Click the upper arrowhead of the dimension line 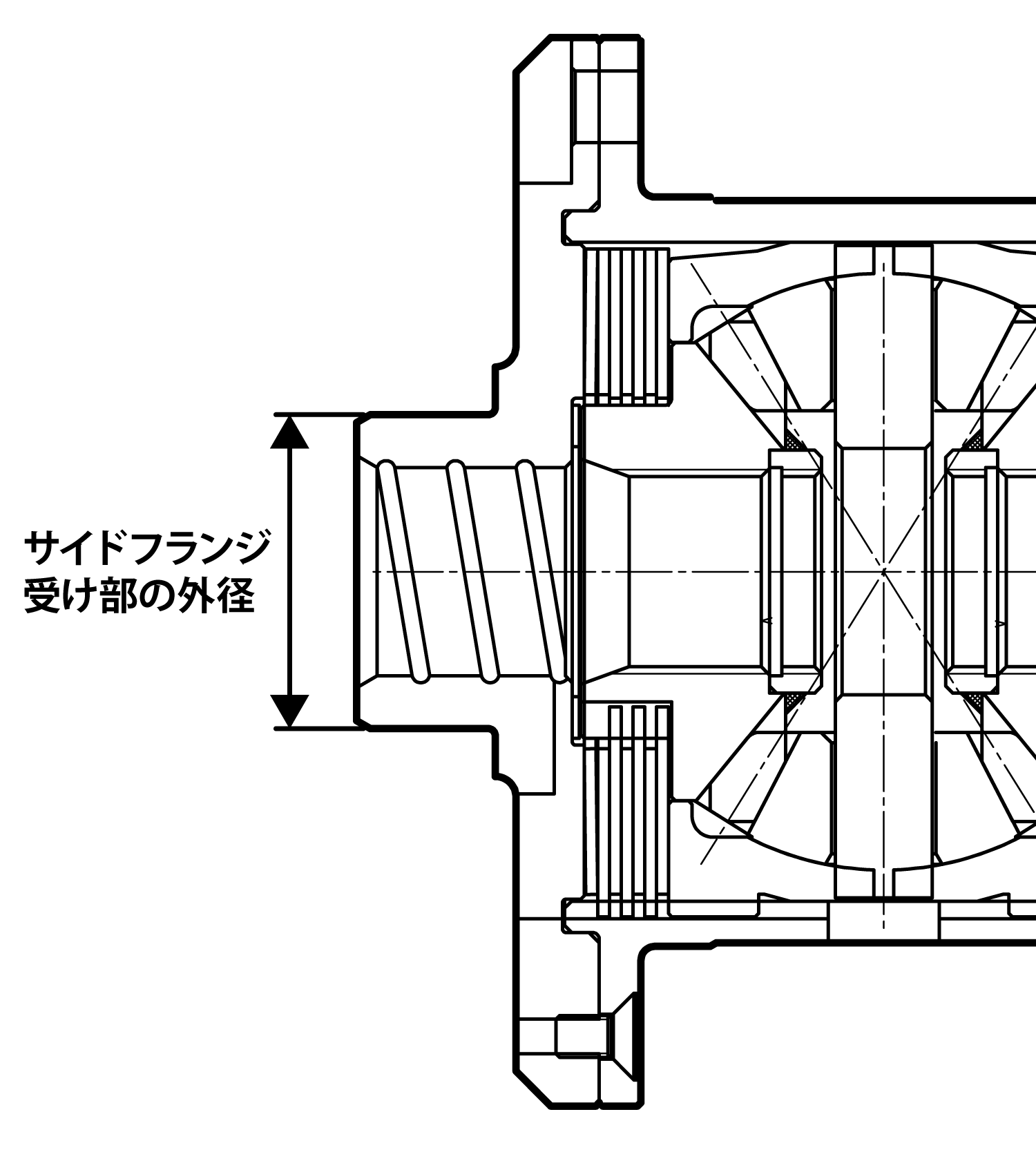click(289, 432)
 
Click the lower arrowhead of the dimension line click(289, 710)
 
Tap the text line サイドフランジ click(147, 548)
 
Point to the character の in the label click(157, 596)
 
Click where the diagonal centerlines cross click(884, 571)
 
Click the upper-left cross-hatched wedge click(796, 441)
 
